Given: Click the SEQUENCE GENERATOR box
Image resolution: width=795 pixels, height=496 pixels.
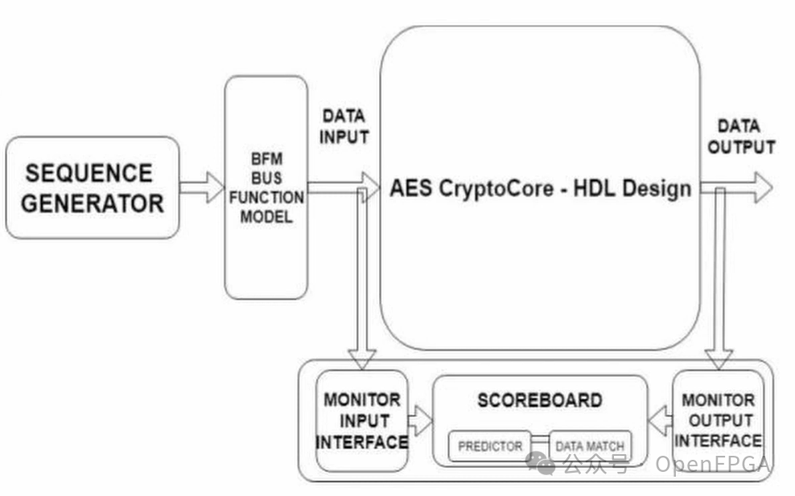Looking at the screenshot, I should [x=92, y=187].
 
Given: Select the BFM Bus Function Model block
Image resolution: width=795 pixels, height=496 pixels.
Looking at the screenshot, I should [x=266, y=187].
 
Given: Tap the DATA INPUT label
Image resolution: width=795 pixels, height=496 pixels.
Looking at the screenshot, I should [x=344, y=126].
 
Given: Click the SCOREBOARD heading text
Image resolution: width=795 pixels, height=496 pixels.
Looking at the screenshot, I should [x=539, y=400].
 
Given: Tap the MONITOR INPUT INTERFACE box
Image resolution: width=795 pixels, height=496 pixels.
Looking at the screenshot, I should [x=361, y=420].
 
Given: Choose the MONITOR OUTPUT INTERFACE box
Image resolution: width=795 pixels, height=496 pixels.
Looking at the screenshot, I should [x=718, y=420].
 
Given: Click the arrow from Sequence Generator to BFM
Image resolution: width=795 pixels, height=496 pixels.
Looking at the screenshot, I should [x=201, y=187].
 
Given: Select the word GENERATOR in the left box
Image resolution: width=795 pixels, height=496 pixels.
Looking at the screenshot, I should [x=92, y=203].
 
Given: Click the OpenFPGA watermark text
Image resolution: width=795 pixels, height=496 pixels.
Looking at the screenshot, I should [x=713, y=464].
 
